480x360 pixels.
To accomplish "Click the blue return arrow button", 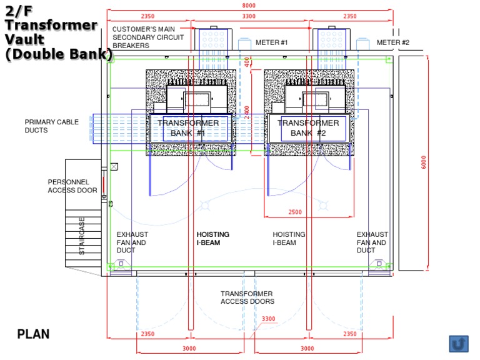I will tap(458, 343).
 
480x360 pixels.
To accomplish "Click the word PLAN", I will tap(33, 334).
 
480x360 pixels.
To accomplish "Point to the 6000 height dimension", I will tap(424, 162).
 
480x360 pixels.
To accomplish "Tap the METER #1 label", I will tap(271, 42).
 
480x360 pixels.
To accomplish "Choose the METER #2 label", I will tap(392, 42).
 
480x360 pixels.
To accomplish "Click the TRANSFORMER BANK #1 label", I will tap(188, 128).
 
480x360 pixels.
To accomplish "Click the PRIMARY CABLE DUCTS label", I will tap(51, 126).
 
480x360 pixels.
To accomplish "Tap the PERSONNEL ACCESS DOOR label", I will tap(72, 186).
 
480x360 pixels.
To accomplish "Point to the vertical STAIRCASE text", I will tap(82, 236).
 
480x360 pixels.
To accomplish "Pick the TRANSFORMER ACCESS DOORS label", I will tap(246, 297).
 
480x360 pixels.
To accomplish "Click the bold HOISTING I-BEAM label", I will tap(212, 239).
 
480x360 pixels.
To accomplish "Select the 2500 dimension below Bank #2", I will tap(295, 212).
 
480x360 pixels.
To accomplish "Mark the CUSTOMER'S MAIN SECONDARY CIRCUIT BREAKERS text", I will tap(148, 37).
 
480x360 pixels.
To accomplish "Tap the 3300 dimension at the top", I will tap(248, 16).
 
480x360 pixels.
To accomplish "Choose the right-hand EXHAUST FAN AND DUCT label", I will tap(372, 242).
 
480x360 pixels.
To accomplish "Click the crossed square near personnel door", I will tap(114, 167).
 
